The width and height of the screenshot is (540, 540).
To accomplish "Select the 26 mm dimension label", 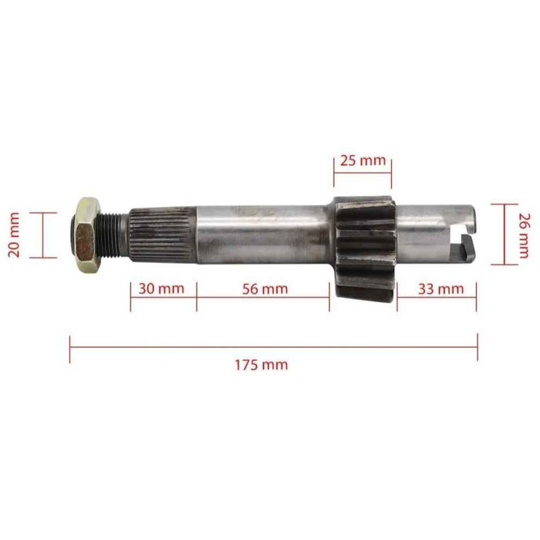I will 525,234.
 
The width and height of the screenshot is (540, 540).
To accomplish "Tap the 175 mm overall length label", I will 262,364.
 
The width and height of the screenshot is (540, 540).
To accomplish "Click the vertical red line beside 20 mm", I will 42,235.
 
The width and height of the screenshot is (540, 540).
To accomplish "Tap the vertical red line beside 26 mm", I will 505,233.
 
